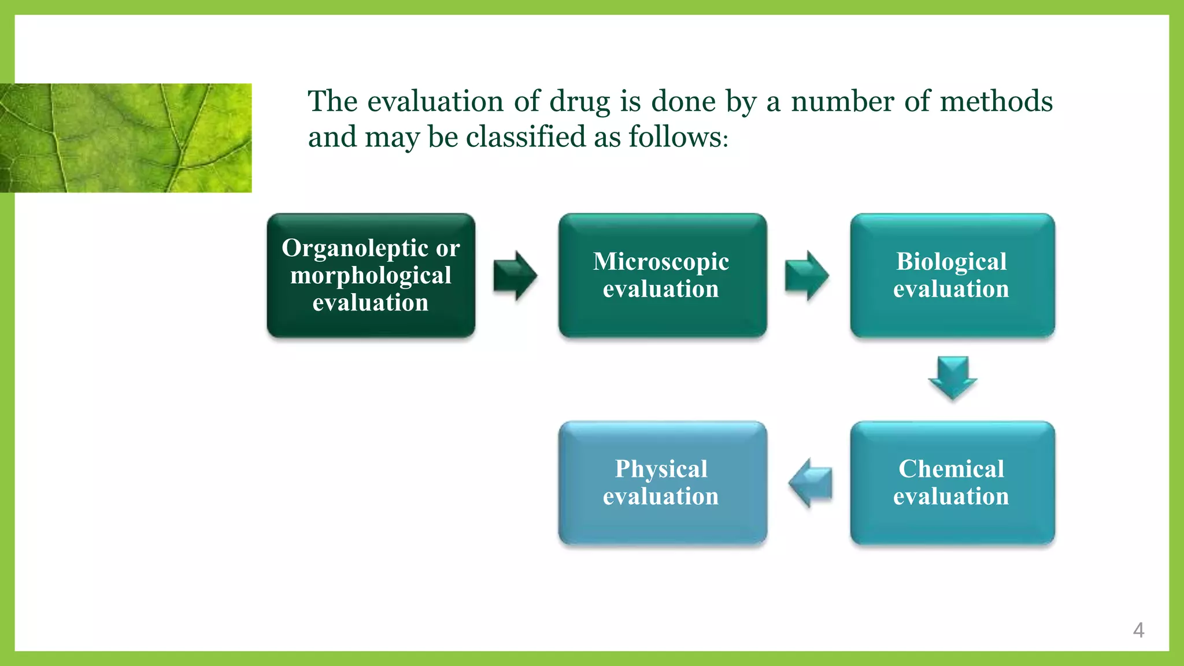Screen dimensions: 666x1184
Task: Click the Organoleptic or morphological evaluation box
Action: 371,275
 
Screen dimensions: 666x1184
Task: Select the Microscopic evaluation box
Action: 662,275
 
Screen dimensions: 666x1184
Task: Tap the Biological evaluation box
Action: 952,275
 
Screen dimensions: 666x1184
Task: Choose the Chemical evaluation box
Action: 952,483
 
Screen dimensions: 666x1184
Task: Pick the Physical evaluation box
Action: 662,483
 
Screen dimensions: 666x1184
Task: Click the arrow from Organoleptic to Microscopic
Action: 515,276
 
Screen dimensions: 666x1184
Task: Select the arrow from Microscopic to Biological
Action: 806,276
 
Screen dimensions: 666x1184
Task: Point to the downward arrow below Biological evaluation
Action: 952,378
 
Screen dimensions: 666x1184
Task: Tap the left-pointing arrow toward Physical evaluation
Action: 810,483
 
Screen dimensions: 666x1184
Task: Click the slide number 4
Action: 1138,630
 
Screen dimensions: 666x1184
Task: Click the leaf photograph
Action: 125,138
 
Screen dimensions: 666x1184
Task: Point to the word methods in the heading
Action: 996,101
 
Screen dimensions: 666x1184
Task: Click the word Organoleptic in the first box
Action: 354,248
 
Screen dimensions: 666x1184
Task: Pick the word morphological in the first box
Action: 371,276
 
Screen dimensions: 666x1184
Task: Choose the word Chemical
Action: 951,469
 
